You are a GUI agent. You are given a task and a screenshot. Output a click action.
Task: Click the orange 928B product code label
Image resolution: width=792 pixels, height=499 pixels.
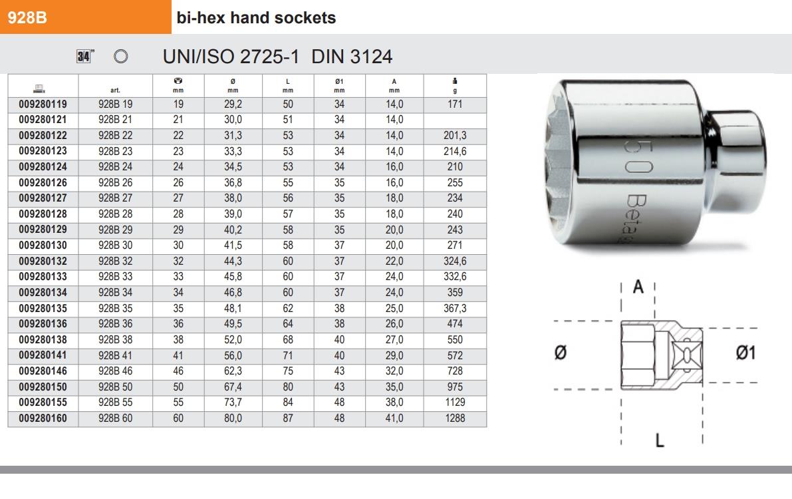click(27, 18)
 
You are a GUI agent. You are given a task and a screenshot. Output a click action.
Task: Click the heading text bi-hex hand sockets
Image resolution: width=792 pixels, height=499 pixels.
click(256, 18)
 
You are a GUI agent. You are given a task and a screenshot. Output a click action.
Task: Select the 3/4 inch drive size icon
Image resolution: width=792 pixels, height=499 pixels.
click(84, 57)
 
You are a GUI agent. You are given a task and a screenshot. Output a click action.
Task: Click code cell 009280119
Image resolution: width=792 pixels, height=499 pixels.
click(43, 104)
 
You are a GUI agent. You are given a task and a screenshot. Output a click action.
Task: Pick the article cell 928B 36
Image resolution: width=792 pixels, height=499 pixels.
click(115, 324)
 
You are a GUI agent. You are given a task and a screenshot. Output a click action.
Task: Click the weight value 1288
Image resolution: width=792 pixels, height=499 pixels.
click(455, 418)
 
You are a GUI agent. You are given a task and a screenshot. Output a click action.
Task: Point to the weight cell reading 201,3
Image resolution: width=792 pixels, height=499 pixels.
click(455, 136)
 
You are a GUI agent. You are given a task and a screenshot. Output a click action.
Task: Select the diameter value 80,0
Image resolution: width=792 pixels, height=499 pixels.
click(233, 418)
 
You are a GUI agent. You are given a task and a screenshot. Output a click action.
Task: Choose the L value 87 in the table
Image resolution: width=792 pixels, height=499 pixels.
click(287, 418)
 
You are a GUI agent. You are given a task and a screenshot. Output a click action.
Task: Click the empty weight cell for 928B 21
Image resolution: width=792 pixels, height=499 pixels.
click(455, 120)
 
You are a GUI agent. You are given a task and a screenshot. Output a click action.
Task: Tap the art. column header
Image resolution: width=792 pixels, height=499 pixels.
click(115, 90)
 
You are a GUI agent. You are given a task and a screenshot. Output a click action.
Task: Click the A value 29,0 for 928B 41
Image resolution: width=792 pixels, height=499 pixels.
click(394, 355)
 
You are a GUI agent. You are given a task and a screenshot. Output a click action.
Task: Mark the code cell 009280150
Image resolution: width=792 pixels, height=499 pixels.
click(43, 387)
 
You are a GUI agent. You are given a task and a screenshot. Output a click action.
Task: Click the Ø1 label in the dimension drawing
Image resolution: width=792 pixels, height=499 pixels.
click(745, 353)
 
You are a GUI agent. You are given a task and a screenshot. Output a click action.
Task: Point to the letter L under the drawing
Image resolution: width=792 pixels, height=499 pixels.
click(660, 440)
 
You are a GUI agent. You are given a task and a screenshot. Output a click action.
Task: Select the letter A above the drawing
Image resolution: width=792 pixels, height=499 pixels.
click(638, 287)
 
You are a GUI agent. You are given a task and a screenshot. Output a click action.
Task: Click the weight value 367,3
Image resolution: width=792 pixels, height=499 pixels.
click(455, 308)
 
